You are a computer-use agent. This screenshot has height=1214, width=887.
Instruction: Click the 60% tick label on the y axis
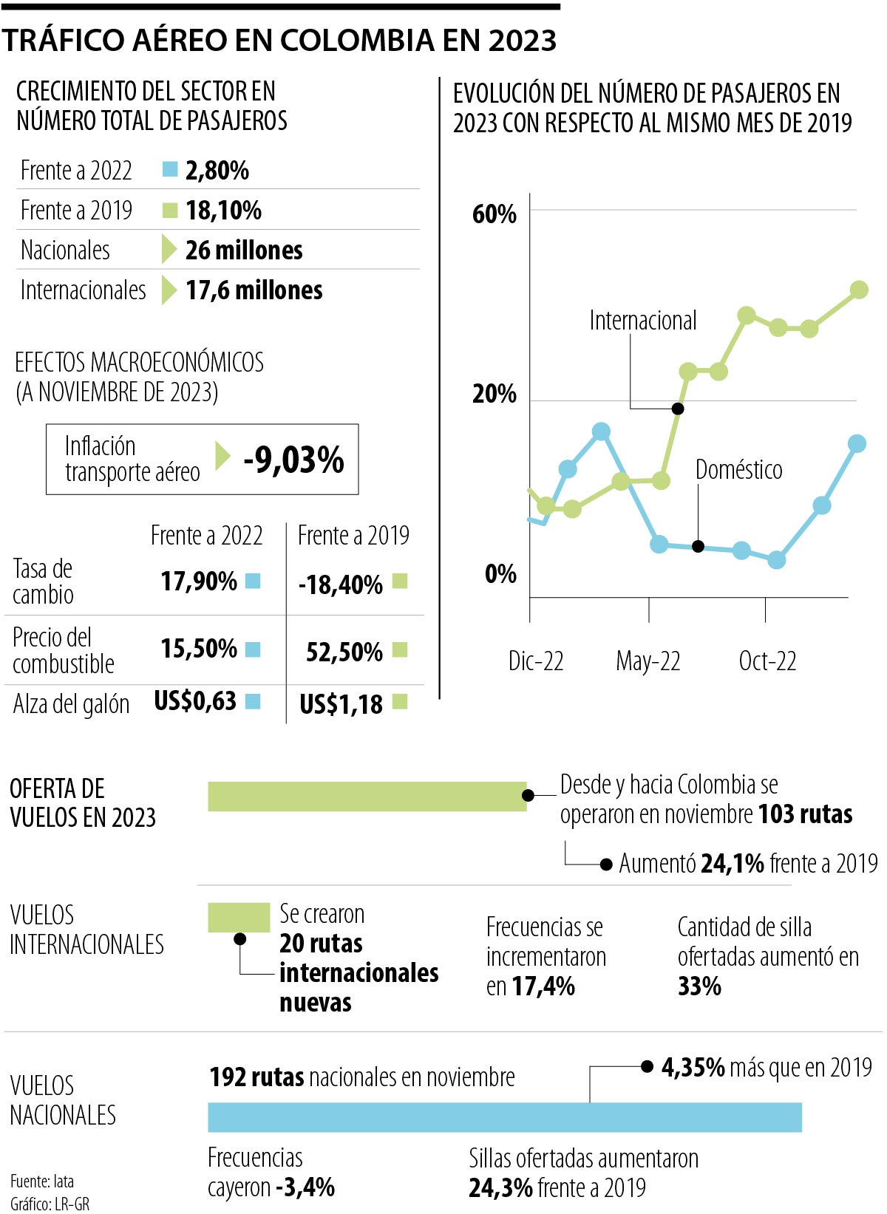(x=494, y=214)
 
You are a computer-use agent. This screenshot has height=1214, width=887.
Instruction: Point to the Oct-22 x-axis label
(x=767, y=661)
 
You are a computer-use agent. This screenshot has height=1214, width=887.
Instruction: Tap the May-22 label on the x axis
(x=648, y=661)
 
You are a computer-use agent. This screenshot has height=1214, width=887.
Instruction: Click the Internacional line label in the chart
(x=642, y=321)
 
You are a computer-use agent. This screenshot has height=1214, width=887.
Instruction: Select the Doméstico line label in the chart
(x=738, y=470)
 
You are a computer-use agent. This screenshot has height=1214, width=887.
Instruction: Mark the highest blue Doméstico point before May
(x=602, y=432)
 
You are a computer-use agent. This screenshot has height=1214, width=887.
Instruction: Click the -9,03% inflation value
(x=293, y=460)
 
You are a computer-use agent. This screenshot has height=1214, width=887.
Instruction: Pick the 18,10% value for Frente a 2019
(x=223, y=211)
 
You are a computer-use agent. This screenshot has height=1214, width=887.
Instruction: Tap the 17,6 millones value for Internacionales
(x=254, y=290)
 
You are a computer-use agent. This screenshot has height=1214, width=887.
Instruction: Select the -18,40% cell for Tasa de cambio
(x=340, y=584)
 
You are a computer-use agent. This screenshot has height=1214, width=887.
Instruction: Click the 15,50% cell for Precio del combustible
(x=199, y=649)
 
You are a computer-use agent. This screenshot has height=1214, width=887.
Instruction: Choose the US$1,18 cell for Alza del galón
(x=341, y=704)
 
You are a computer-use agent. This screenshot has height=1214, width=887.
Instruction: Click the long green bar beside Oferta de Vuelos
(x=367, y=797)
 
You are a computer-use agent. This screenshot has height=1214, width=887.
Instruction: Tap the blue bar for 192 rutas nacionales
(x=504, y=1116)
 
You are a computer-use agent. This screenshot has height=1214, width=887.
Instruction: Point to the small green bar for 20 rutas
(x=238, y=917)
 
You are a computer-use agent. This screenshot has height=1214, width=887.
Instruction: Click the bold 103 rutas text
(x=805, y=814)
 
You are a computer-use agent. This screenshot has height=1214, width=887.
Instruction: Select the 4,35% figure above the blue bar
(x=693, y=1068)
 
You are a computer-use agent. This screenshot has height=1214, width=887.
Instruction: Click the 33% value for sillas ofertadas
(x=699, y=986)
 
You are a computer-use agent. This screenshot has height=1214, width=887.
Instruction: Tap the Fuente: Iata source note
(x=42, y=1181)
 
